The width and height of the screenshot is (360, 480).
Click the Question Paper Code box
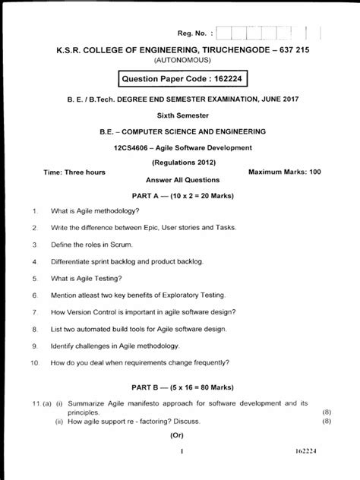(x=183, y=79)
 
